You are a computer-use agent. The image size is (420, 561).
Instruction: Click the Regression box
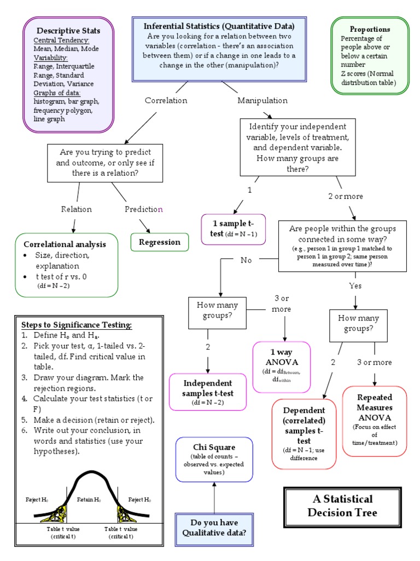click(160, 242)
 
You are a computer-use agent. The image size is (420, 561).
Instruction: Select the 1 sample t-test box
click(234, 229)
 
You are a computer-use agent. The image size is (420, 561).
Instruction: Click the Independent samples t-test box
click(208, 392)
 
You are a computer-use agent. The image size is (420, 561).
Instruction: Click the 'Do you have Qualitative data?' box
click(214, 529)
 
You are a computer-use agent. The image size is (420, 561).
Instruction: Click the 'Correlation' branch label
click(166, 100)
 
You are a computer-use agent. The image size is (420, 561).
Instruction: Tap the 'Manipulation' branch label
click(262, 100)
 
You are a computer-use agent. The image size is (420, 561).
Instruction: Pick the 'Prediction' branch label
click(144, 209)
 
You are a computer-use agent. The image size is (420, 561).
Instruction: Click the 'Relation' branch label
click(77, 209)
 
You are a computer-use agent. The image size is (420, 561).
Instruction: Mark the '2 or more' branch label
click(345, 196)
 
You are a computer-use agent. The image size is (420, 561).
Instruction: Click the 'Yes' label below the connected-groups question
click(355, 285)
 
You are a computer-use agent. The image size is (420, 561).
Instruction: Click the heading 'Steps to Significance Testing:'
click(76, 324)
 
